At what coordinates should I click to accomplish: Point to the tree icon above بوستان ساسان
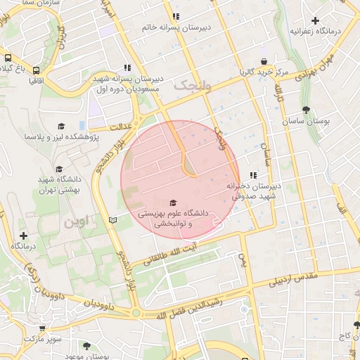point(306,110)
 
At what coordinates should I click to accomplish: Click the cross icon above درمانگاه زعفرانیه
point(316,21)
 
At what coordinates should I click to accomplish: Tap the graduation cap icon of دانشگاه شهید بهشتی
point(59,169)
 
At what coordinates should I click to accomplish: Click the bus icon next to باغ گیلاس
point(7,59)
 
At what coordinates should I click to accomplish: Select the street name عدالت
point(120,127)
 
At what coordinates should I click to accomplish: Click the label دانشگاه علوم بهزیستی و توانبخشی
point(174,217)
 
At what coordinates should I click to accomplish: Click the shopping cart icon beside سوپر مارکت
point(43,328)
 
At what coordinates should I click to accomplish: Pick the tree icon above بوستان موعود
point(86,346)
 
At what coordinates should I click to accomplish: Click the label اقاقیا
point(37,81)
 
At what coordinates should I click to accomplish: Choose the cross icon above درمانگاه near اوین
point(23,235)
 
